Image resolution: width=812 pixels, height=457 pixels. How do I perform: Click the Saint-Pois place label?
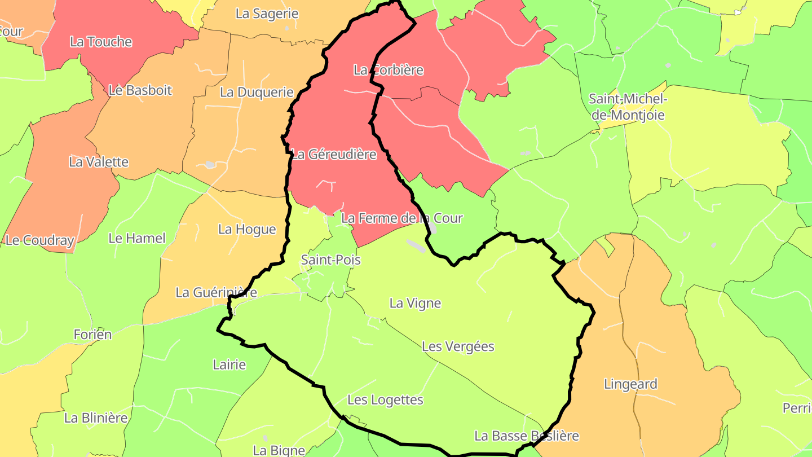coord(330,260)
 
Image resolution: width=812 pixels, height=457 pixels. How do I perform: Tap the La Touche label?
coord(101,42)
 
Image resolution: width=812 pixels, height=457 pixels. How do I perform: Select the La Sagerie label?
coord(267,14)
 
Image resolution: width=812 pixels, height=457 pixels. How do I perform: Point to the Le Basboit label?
coord(140,90)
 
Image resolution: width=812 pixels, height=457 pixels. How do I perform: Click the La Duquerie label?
coord(257,92)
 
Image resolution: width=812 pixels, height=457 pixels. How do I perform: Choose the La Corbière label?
coord(388,70)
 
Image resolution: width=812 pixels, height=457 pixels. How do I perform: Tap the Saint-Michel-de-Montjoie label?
coord(627,107)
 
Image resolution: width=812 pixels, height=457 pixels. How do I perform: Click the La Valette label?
coord(99,162)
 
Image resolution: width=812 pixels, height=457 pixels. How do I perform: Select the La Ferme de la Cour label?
coord(402,218)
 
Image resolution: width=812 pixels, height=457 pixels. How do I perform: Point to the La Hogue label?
coord(247,229)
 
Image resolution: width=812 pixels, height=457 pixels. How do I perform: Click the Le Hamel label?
coord(136,238)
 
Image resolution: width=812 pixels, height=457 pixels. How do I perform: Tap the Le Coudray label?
coord(39,240)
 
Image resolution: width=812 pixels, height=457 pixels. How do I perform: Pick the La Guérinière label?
coord(216,292)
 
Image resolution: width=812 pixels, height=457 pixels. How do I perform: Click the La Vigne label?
coord(415,303)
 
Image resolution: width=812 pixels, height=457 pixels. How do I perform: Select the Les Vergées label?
coord(458,346)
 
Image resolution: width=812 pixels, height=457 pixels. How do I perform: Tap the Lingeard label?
coord(630,384)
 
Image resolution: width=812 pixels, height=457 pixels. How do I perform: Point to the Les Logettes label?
coord(385,400)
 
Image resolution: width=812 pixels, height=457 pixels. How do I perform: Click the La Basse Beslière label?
coord(526,436)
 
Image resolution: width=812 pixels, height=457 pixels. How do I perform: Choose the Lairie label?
coord(229,364)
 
